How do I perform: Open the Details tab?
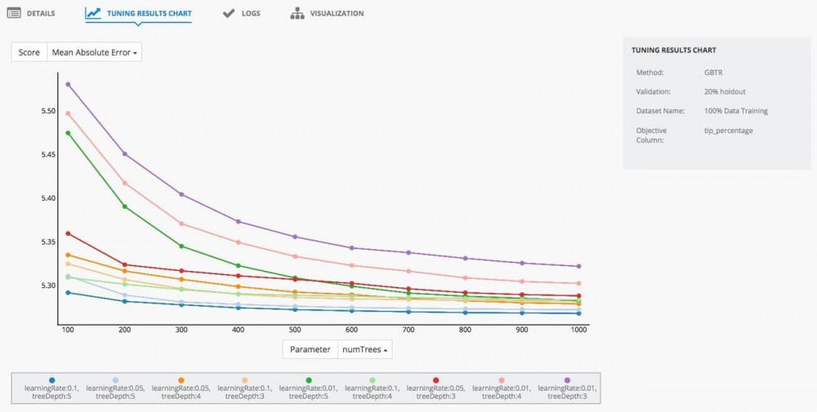tap(32, 14)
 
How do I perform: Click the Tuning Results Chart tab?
tap(139, 14)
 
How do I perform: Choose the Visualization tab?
tap(328, 14)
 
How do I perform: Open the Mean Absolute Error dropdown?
tap(95, 52)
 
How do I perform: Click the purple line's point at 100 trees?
tap(69, 84)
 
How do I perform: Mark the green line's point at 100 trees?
tap(69, 133)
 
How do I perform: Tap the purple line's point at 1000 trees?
tap(578, 266)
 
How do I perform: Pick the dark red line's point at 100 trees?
tap(69, 233)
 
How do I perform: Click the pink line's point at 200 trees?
tap(125, 183)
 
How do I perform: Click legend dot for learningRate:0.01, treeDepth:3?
tap(567, 380)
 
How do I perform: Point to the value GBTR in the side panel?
tap(712, 73)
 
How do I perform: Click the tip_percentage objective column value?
tap(728, 130)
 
